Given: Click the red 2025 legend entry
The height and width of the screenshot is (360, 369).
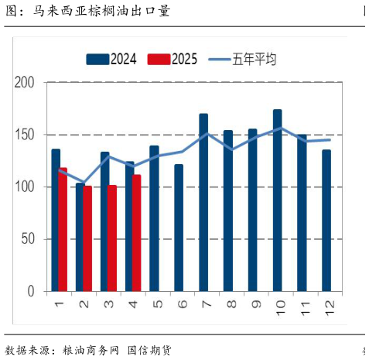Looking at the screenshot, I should [x=173, y=59].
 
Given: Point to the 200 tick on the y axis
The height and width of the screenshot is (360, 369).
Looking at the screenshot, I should [x=26, y=83].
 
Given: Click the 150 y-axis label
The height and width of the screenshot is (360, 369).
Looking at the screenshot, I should [x=26, y=135].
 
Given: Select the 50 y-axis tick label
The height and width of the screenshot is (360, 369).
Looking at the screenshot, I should [x=29, y=239].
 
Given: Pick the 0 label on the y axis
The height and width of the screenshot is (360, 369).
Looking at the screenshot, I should [x=32, y=291].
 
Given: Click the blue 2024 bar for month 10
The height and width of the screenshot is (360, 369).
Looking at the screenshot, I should [x=278, y=201].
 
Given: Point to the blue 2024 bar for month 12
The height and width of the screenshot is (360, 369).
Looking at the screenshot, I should [x=326, y=221].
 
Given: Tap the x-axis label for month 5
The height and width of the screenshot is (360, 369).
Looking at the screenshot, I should [x=157, y=304].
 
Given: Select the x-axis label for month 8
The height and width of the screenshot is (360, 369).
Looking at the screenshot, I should [x=231, y=304].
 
